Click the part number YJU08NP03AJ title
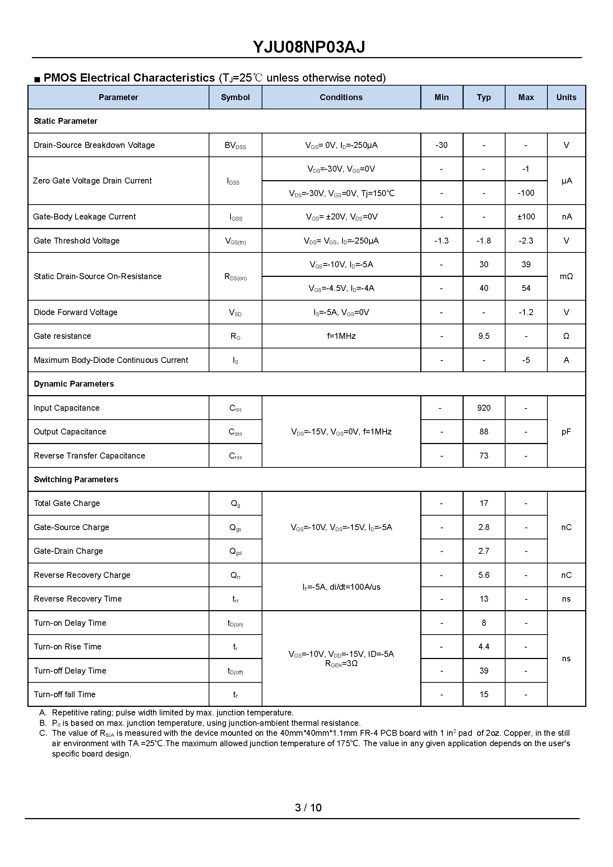click(308, 47)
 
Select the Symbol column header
click(235, 97)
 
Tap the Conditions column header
click(341, 97)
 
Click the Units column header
click(566, 97)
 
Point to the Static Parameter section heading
click(66, 121)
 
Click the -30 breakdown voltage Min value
click(441, 145)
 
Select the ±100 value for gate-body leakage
click(526, 217)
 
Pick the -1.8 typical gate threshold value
click(484, 241)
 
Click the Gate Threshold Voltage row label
click(77, 241)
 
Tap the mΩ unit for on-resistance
click(566, 277)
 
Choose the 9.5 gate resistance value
click(484, 336)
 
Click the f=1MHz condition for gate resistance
click(341, 336)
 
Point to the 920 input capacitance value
click(484, 408)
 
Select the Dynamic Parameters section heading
click(74, 384)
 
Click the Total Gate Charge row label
click(67, 503)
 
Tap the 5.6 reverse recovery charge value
click(484, 575)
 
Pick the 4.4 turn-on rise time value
click(484, 647)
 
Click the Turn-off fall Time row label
click(64, 694)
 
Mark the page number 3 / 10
click(308, 808)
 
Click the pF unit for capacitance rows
click(566, 431)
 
